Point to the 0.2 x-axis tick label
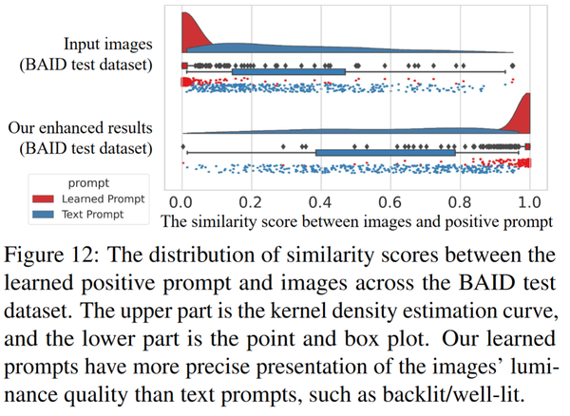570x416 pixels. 251,202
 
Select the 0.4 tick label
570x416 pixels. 320,202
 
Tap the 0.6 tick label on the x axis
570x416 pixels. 389,202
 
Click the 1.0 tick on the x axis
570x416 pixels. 528,202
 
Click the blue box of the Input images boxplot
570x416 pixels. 288,71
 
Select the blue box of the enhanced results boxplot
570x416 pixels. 385,152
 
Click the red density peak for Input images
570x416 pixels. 186,28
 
